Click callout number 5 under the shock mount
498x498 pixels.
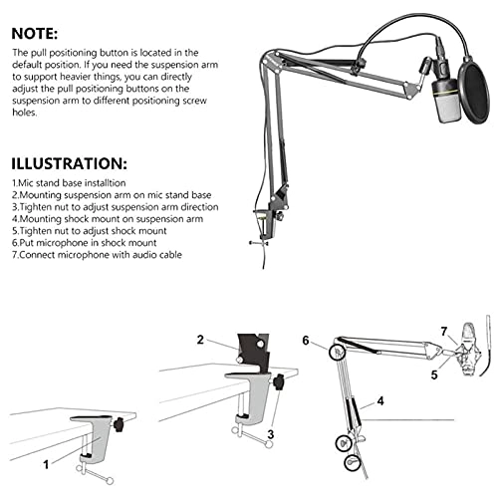coord(433,375)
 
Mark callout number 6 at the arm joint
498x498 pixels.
coord(306,340)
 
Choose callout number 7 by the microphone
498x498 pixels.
coord(444,330)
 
